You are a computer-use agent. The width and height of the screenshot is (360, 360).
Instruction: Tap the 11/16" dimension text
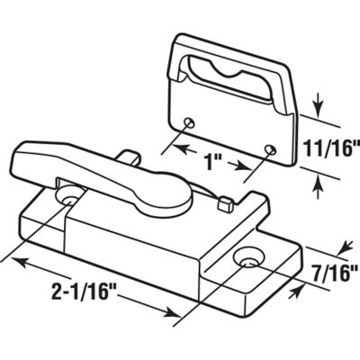click(328, 145)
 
